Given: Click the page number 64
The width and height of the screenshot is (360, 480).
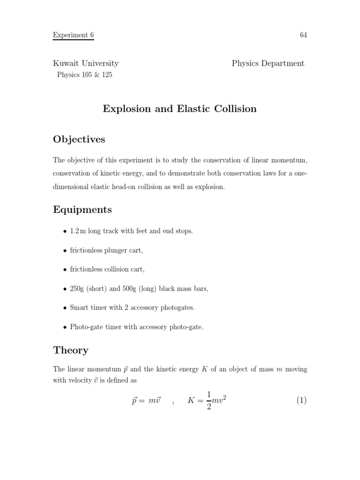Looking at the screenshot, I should click(x=303, y=35).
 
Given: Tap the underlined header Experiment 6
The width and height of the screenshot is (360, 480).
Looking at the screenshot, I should click(x=73, y=35).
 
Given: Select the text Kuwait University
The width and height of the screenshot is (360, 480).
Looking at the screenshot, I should click(x=85, y=63).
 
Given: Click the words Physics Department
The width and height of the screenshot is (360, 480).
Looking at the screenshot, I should click(x=268, y=63).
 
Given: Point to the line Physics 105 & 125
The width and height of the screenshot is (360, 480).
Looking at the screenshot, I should click(x=84, y=75).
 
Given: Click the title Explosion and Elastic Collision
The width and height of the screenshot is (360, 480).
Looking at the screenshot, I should click(x=180, y=109).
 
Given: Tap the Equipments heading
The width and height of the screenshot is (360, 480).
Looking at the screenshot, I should click(x=82, y=210).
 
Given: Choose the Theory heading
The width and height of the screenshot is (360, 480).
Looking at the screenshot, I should click(x=71, y=350).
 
